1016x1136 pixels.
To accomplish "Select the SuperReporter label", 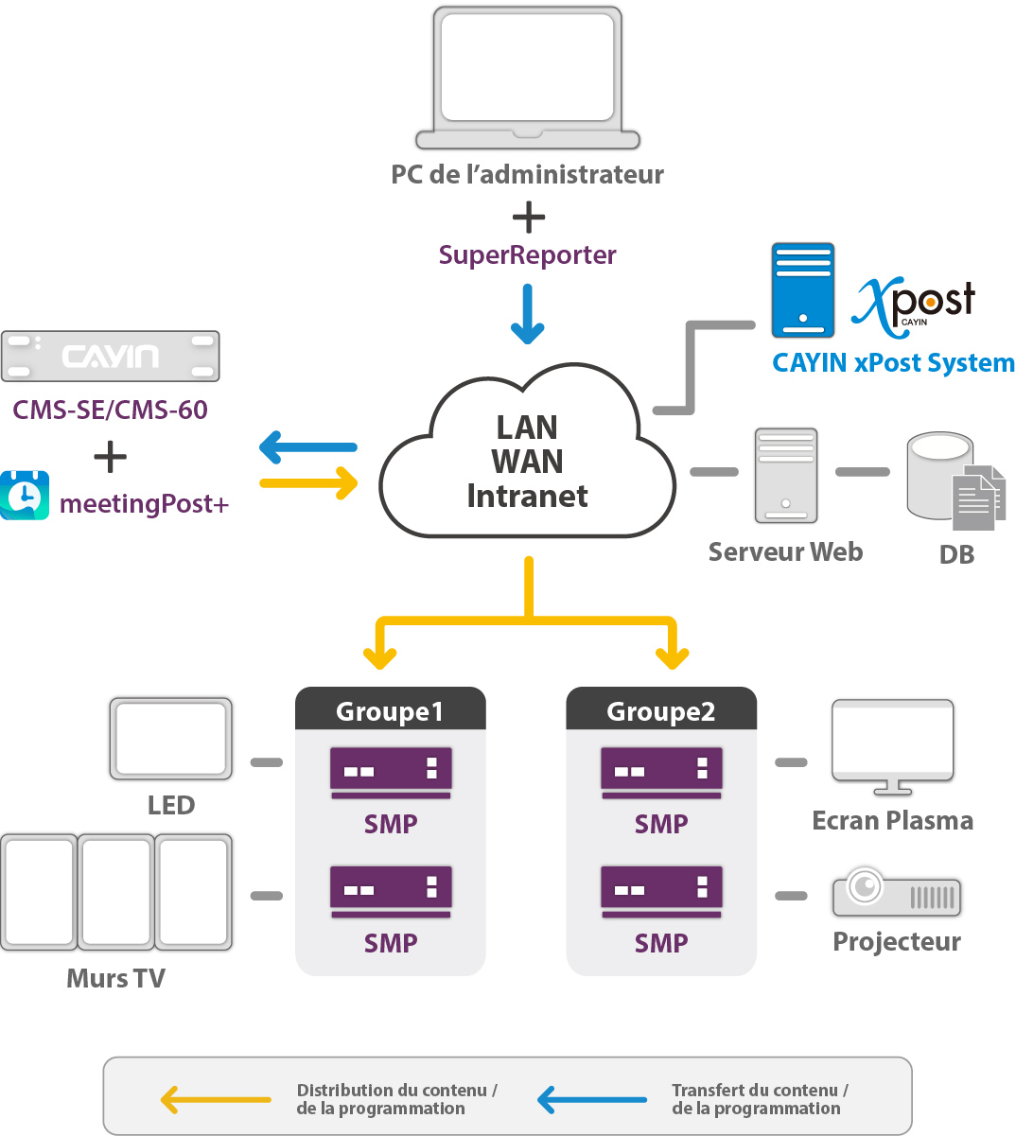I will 527,255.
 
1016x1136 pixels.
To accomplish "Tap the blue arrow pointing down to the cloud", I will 528,315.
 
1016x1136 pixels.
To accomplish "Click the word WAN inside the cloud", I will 527,462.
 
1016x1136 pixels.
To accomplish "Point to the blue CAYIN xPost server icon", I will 802,290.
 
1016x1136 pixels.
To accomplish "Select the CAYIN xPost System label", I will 893,363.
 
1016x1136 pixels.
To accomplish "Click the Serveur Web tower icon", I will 785,475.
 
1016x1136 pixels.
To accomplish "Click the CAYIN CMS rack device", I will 111,356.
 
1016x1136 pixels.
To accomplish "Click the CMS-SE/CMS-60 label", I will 110,410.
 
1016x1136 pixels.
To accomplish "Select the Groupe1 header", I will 390,710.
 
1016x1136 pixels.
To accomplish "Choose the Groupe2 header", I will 660,710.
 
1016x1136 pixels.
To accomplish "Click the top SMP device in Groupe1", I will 391,772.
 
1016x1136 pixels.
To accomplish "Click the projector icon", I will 896,892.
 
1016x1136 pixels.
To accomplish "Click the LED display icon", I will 171,739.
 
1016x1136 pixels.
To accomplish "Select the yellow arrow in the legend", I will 216,1099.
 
